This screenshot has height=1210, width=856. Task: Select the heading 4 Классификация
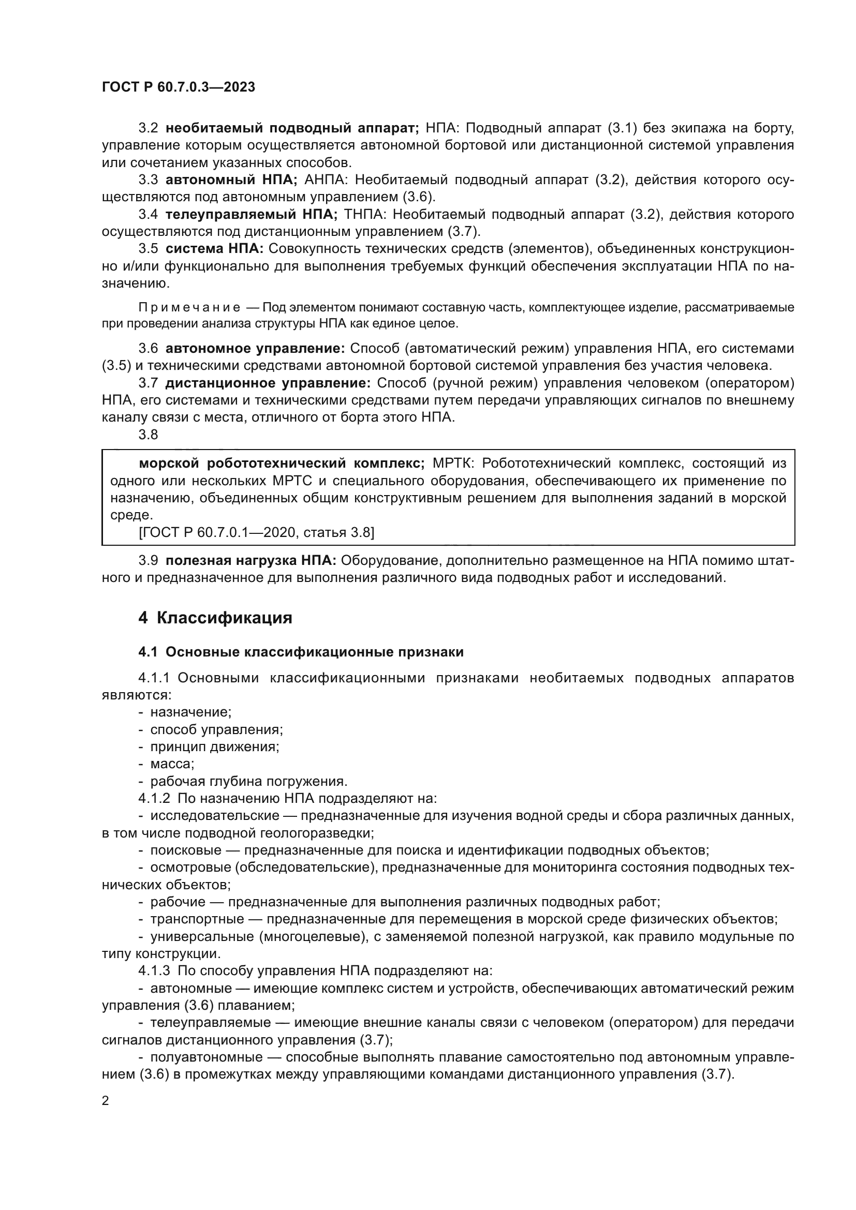pos(215,618)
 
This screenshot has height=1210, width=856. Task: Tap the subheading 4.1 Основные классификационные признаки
pos(301,652)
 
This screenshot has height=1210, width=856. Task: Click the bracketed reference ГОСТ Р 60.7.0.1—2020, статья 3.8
pos(256,532)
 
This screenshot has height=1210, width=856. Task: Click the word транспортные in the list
pos(197,919)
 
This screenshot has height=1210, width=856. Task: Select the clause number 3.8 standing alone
pos(148,435)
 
